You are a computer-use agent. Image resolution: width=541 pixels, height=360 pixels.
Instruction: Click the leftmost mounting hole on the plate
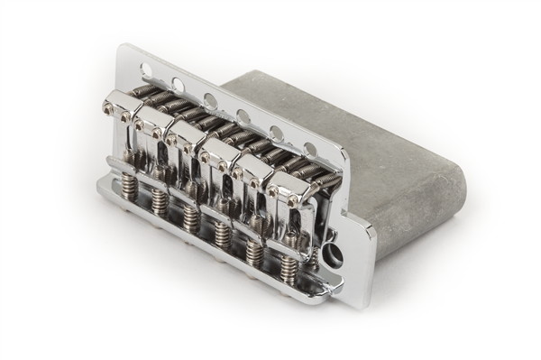point(146,69)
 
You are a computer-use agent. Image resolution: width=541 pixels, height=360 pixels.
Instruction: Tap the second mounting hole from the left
point(179,85)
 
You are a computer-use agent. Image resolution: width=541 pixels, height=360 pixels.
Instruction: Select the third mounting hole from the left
point(210,100)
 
